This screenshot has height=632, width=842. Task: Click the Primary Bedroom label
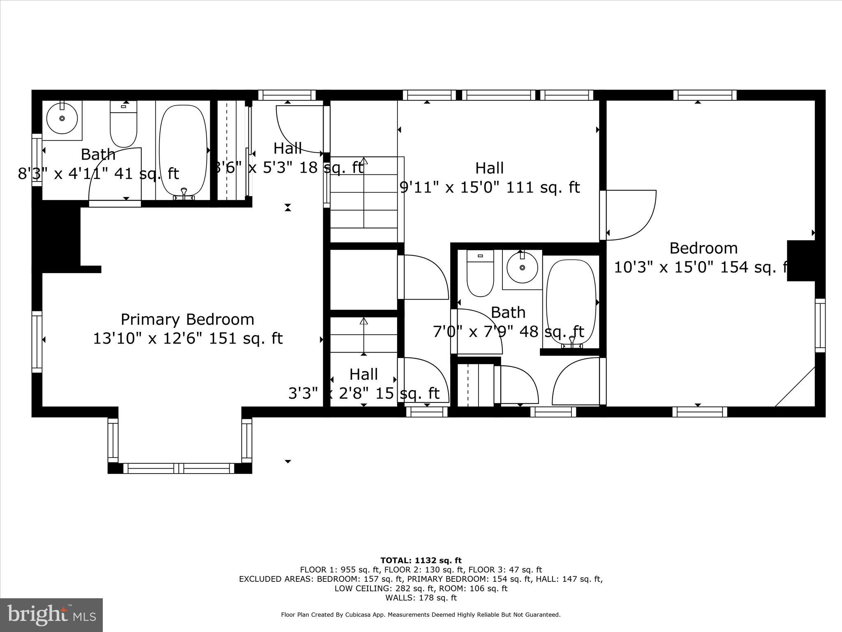point(187,320)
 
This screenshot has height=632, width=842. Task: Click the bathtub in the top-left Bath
point(183,150)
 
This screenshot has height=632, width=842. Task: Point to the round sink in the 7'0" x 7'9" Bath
point(522,268)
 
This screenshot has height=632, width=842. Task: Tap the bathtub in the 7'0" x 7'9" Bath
point(571,302)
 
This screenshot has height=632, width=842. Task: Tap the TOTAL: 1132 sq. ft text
point(421,560)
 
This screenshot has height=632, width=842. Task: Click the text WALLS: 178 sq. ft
point(421,598)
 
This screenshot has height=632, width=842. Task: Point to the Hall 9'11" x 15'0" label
point(489,178)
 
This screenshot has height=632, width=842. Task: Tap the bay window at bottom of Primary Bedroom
point(179,468)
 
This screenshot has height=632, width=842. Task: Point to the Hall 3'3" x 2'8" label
point(364,384)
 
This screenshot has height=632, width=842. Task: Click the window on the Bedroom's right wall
point(820,325)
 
